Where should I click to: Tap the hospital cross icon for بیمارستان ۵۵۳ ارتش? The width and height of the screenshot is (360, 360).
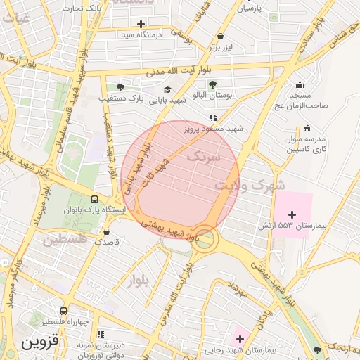292,213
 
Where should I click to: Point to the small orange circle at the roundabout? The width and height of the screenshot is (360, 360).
205,238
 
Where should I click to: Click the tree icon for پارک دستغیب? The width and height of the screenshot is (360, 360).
120,87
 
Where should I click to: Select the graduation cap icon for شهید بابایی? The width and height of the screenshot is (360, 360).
167,89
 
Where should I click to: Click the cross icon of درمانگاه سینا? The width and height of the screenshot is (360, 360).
141,24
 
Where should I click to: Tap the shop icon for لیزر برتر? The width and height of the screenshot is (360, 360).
221,37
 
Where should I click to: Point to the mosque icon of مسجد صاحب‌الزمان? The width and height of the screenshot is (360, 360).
300,84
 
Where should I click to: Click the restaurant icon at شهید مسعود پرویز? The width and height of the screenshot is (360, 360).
212,117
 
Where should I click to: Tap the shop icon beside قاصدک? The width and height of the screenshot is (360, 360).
106,231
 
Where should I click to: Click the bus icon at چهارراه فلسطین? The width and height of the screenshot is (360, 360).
64,311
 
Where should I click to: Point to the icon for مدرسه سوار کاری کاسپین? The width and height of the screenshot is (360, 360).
307,128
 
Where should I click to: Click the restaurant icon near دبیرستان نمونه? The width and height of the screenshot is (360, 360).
101,334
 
